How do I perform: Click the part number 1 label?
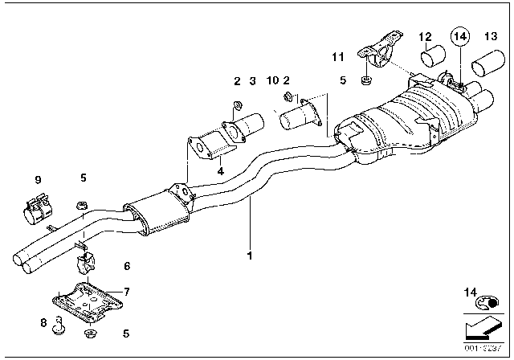(x=250, y=256)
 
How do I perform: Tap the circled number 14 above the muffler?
(x=459, y=36)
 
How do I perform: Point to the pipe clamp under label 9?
(x=35, y=213)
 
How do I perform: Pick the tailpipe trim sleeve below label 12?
(x=434, y=61)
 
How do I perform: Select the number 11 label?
(x=337, y=57)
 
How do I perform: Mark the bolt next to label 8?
(x=59, y=325)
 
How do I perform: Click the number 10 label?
(x=271, y=80)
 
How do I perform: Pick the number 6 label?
(x=126, y=266)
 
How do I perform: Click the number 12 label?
(x=425, y=36)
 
